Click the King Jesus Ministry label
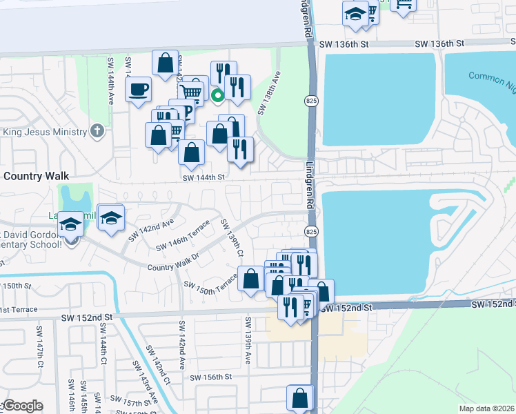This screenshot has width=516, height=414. click(45, 131)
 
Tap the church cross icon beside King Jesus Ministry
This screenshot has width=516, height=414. click(97, 131)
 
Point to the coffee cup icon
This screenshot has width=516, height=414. click(139, 88)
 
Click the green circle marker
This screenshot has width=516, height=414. click(217, 96)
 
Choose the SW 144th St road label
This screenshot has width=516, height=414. click(204, 177)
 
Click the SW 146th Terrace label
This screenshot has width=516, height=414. click(182, 241)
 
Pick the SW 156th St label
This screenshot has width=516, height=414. click(210, 377)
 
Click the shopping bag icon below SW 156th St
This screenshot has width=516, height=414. click(300, 398)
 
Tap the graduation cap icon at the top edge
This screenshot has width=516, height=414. click(355, 14)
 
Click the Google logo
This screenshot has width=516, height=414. click(22, 406)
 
